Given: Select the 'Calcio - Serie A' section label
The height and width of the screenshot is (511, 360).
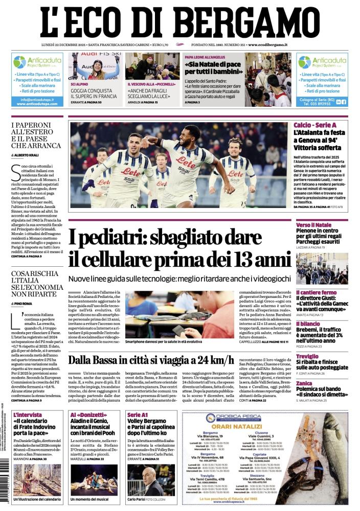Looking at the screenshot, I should [x=315, y=125].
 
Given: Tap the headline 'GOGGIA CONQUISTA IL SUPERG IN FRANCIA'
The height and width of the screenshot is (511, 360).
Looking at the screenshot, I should [x=94, y=93].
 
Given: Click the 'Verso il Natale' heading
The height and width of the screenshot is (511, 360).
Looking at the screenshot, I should [x=313, y=225].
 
